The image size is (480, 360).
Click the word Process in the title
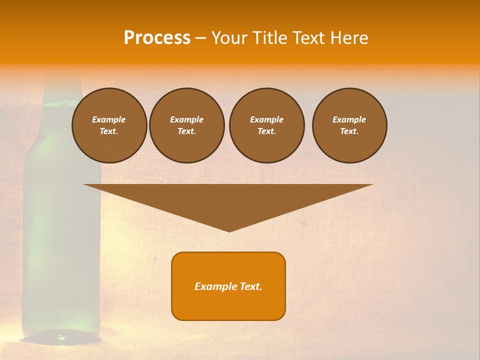pyautogui.click(x=157, y=38)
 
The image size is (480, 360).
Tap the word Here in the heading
pyautogui.click(x=349, y=38)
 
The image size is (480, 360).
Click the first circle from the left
pyautogui.click(x=109, y=125)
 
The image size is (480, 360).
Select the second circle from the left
pyautogui.click(x=186, y=125)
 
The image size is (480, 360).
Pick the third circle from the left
pyautogui.click(x=266, y=125)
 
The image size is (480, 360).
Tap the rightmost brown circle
pyautogui.click(x=349, y=125)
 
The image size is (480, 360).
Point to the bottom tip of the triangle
pyautogui.click(x=229, y=230)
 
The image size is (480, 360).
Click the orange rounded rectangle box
pyautogui.click(x=228, y=305)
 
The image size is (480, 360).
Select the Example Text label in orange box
pyautogui.click(x=228, y=286)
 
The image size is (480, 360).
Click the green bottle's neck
pyautogui.click(x=62, y=85)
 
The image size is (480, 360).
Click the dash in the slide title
pyautogui.click(x=201, y=38)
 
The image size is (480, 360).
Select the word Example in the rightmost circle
pyautogui.click(x=349, y=119)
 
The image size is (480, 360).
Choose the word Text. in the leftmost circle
pyautogui.click(x=109, y=131)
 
